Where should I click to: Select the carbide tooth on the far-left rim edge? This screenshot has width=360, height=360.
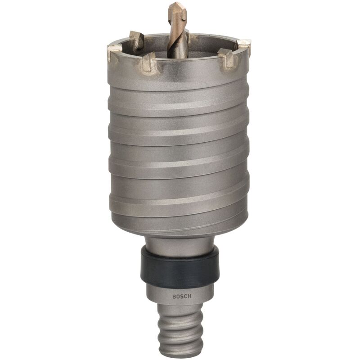click(x=114, y=53)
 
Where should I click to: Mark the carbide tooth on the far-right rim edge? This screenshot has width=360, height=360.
click(x=243, y=46)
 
